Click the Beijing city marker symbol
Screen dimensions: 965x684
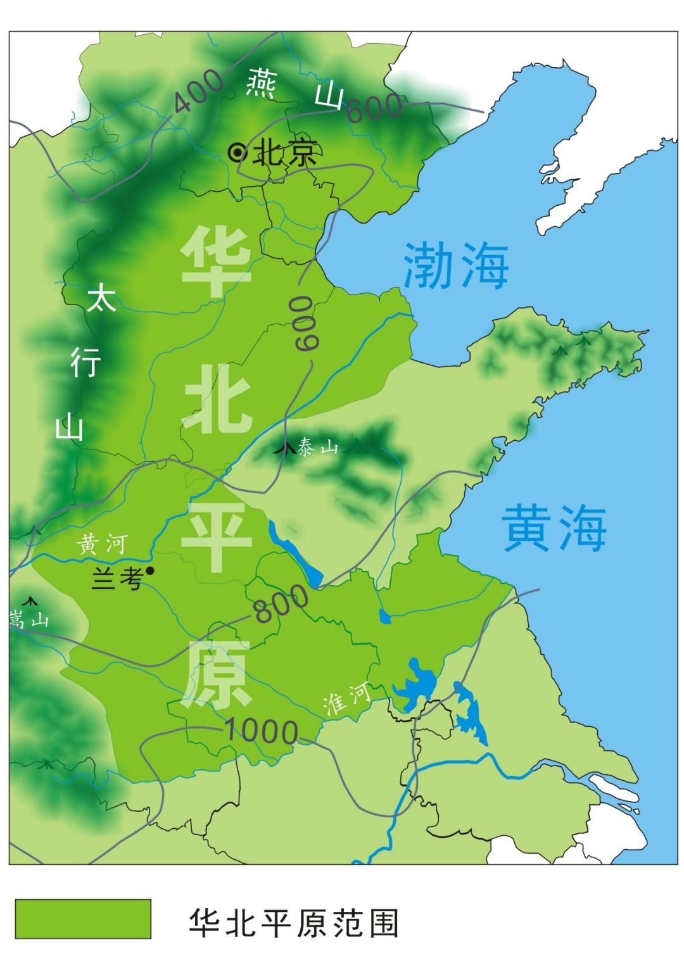pyautogui.click(x=237, y=153)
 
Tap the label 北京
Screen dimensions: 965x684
pyautogui.click(x=284, y=153)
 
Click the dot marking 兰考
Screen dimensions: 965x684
pyautogui.click(x=150, y=571)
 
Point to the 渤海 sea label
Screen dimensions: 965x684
pyautogui.click(x=456, y=266)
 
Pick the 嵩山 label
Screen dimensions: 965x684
pyautogui.click(x=28, y=619)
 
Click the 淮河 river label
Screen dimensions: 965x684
pyautogui.click(x=346, y=700)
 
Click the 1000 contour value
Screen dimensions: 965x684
pyautogui.click(x=260, y=732)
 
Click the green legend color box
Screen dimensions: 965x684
pyautogui.click(x=83, y=918)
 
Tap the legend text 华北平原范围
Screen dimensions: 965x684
pyautogui.click(x=294, y=923)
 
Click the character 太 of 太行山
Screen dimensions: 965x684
pyautogui.click(x=101, y=297)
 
